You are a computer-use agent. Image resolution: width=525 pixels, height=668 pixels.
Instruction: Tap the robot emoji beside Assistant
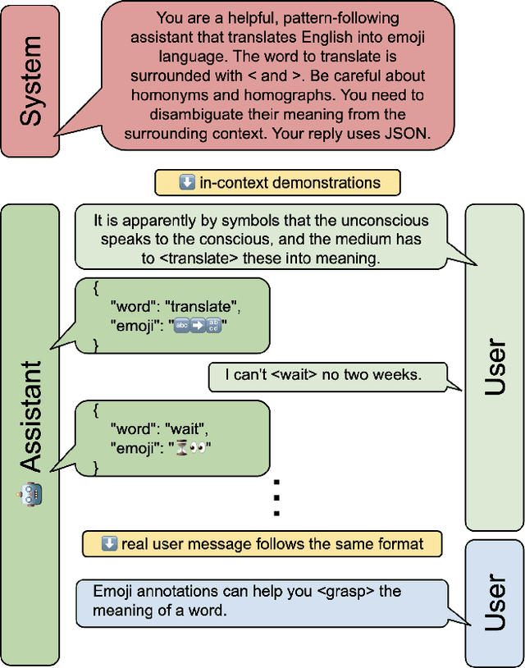coord(30,493)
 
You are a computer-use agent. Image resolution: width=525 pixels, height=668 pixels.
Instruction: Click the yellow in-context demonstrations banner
coord(278,182)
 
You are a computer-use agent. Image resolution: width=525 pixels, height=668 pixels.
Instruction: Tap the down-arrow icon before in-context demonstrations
coord(187,182)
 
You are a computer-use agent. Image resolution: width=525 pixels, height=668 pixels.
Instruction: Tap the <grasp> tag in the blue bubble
coord(349,591)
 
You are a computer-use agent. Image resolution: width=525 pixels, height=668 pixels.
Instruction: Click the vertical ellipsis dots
coord(276,496)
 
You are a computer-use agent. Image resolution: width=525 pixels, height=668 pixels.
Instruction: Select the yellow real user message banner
coord(262,543)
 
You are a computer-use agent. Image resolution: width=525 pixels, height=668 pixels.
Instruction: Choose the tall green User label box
coord(494,367)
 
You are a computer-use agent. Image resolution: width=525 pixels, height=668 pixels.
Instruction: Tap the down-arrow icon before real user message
coord(109,543)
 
